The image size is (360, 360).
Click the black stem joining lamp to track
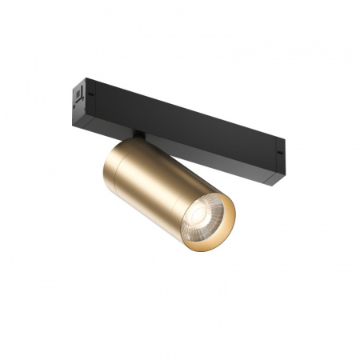[x=138, y=138]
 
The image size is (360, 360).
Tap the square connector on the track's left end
[x=78, y=94]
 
